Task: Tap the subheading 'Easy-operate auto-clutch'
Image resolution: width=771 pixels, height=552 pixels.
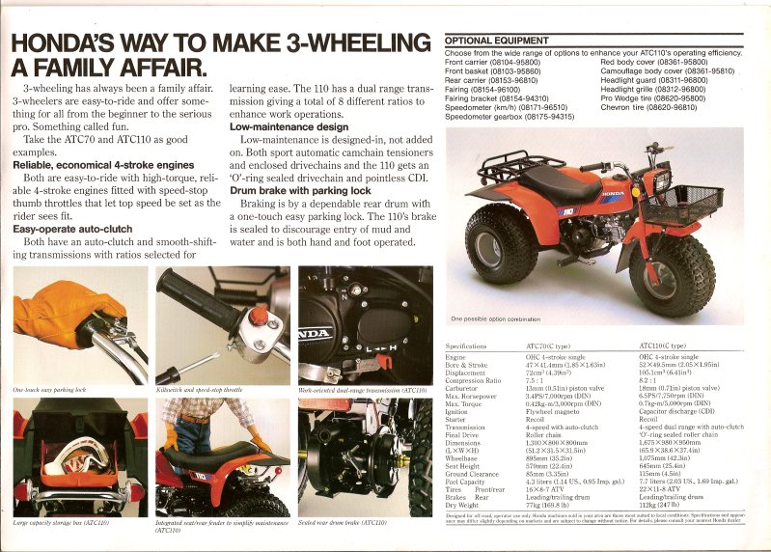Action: [x=72, y=229]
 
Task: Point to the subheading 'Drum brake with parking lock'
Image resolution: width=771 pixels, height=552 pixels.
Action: [x=302, y=190]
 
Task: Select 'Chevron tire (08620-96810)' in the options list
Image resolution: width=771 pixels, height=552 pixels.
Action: [x=648, y=107]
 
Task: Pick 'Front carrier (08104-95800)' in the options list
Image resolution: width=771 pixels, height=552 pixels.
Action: [x=492, y=63]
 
